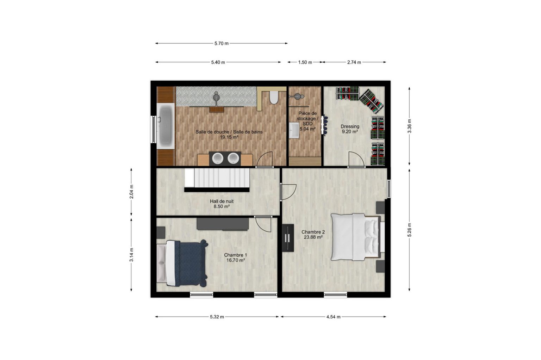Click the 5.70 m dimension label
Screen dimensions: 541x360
click(221, 43)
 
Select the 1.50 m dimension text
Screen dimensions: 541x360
click(305, 62)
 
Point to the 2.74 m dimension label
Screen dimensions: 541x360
click(354, 62)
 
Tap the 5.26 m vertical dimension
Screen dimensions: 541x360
click(409, 230)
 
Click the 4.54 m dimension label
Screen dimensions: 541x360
click(333, 317)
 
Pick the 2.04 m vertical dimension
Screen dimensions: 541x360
click(131, 192)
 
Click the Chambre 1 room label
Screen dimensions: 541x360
click(236, 255)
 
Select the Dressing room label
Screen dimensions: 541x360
click(350, 126)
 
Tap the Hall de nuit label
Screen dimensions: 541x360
click(222, 201)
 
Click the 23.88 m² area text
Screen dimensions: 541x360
click(313, 237)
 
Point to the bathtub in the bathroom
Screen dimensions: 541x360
click(166, 126)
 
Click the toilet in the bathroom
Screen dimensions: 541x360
click(274, 97)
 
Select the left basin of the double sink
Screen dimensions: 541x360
click(218, 158)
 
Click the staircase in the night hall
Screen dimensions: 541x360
click(217, 178)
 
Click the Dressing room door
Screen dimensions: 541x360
click(356, 159)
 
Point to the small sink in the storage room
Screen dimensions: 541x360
click(294, 130)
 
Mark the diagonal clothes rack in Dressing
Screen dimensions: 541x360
click(372, 101)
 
